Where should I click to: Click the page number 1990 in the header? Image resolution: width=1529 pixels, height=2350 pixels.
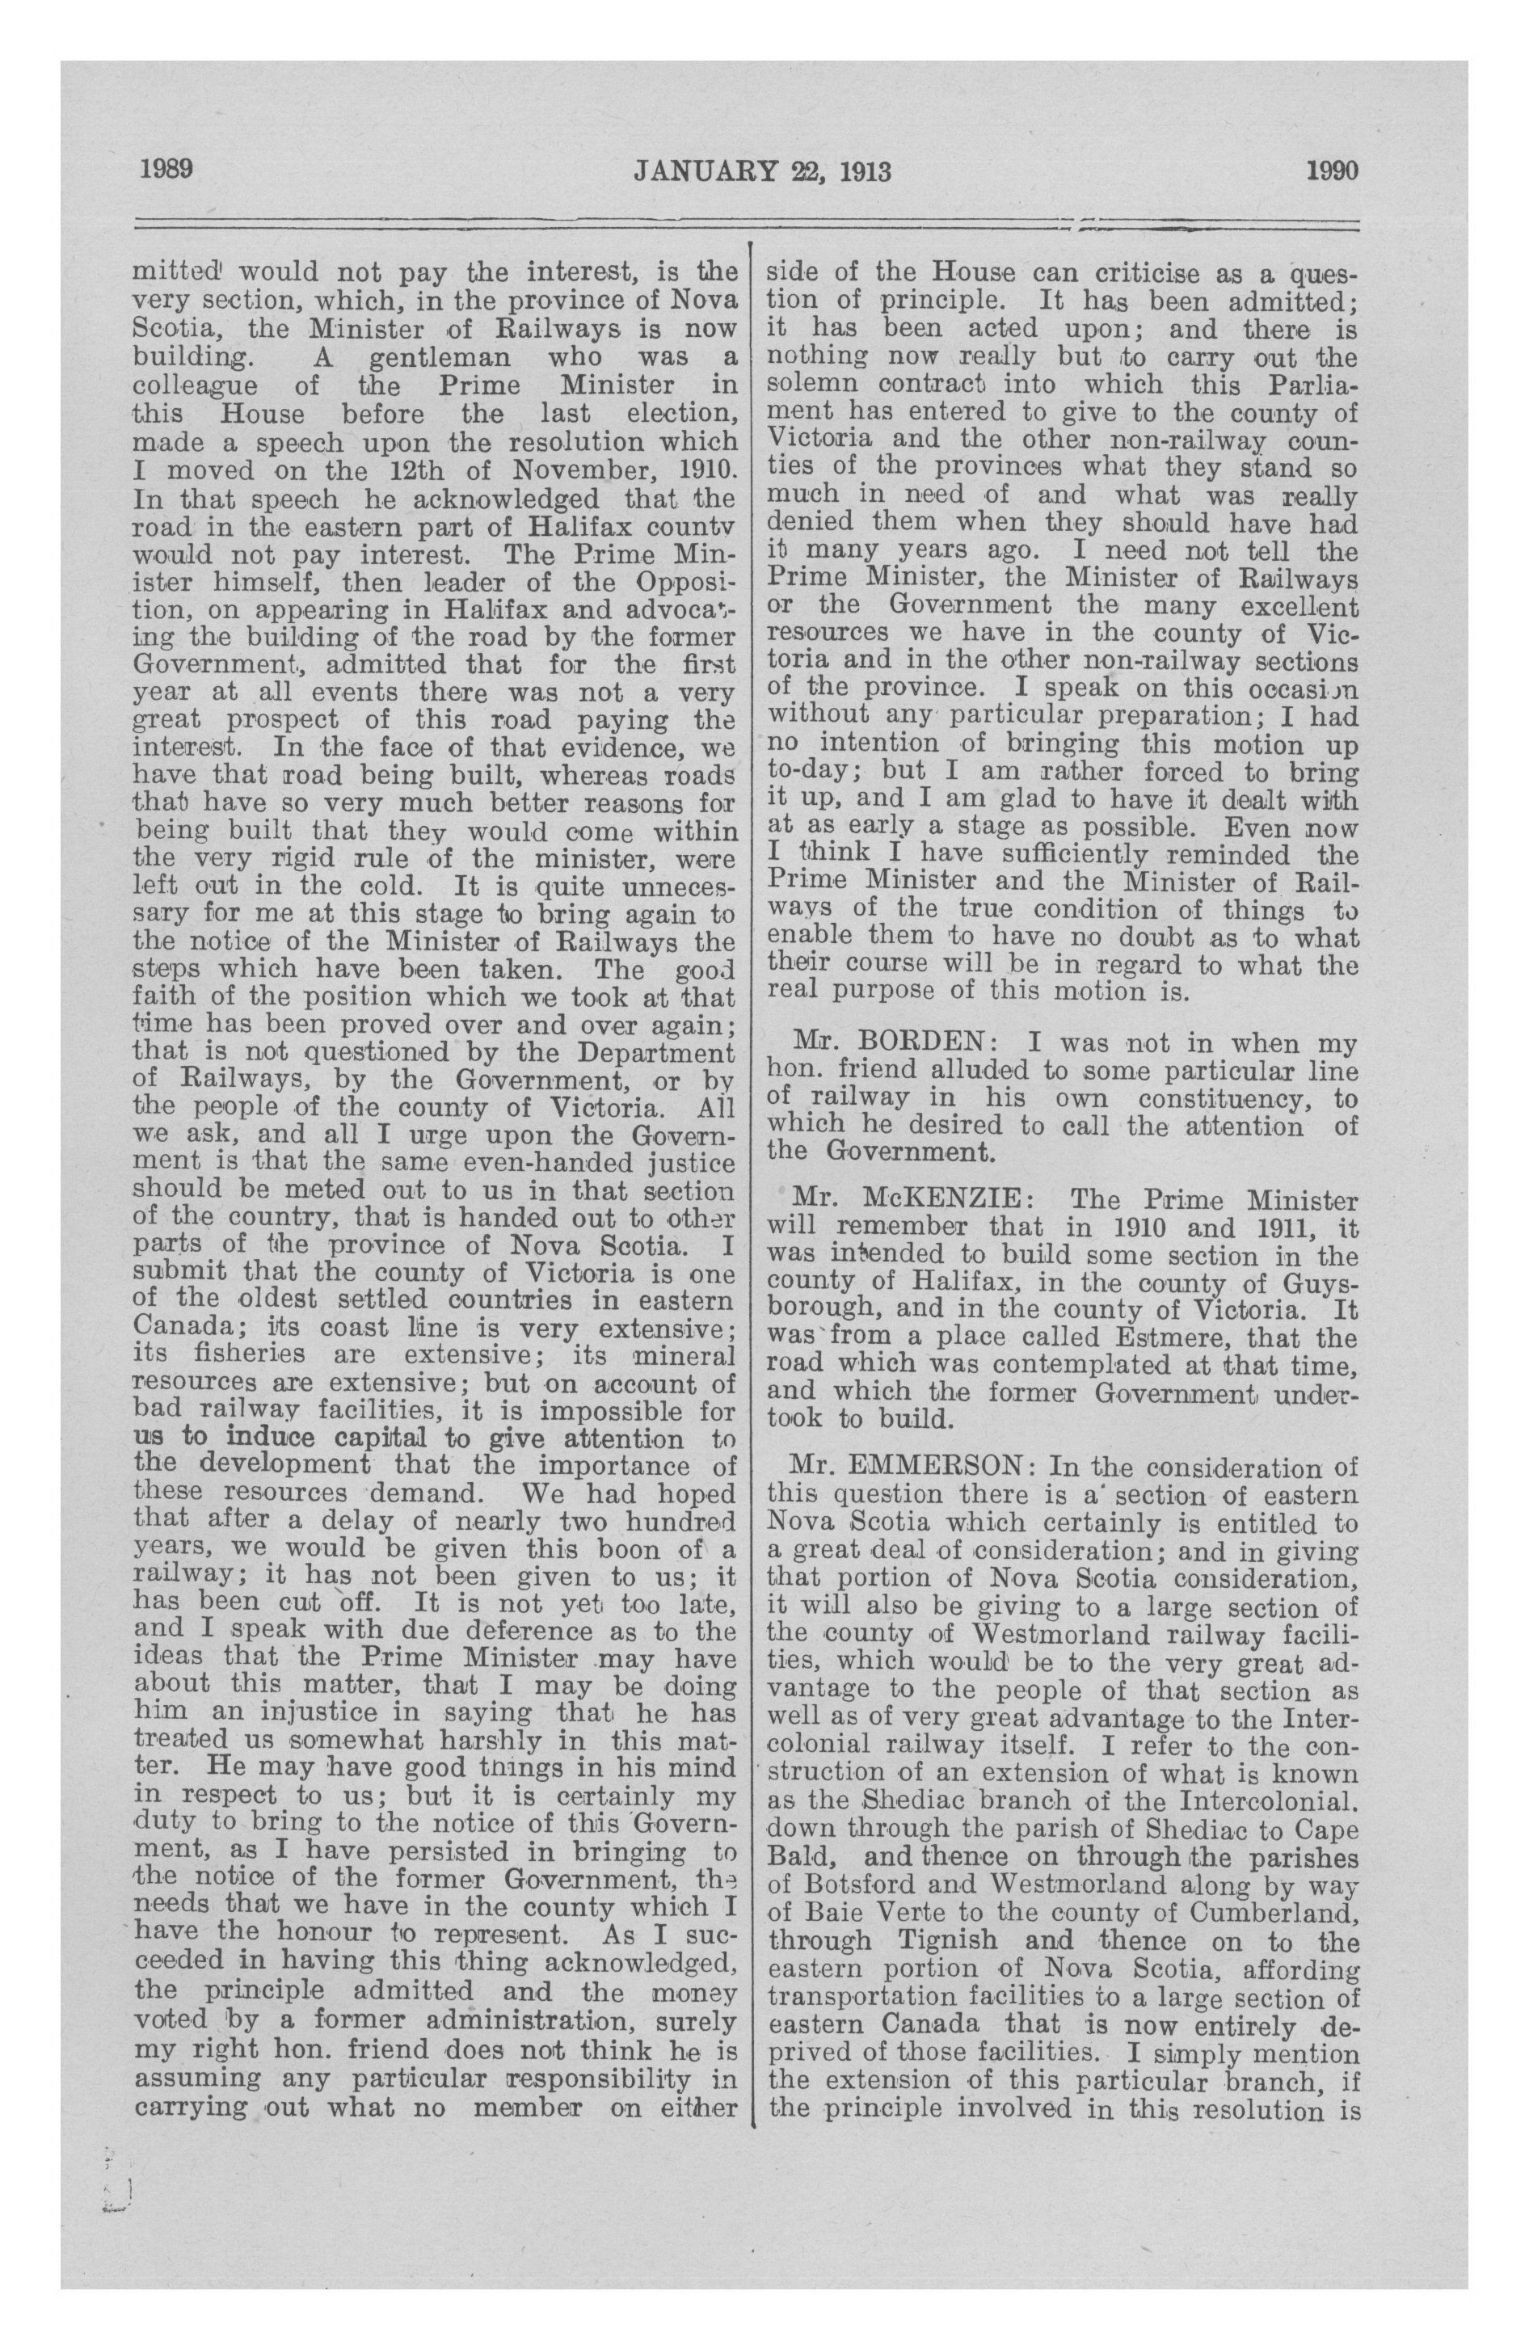(x=1333, y=170)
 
